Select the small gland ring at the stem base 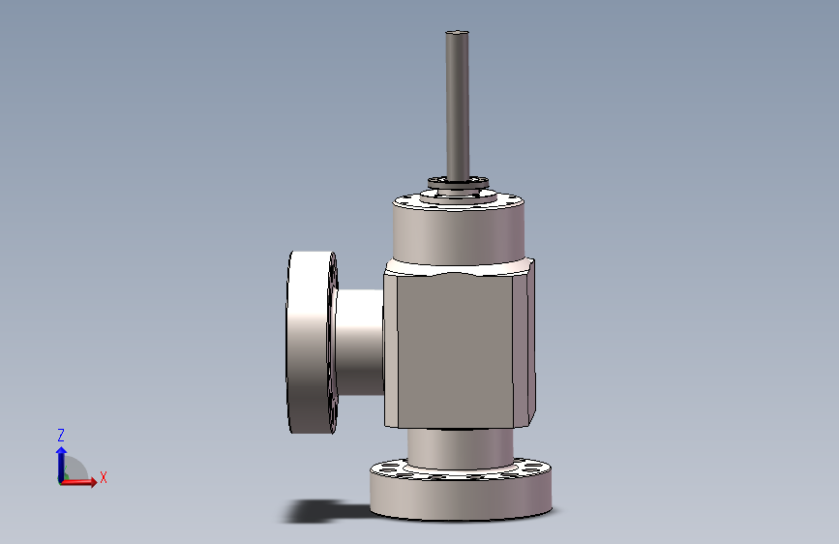[458, 182]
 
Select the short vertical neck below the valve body [458, 447]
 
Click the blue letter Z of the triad [60, 436]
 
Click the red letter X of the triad [103, 477]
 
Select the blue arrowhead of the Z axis [61, 450]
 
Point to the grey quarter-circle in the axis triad [75, 471]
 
